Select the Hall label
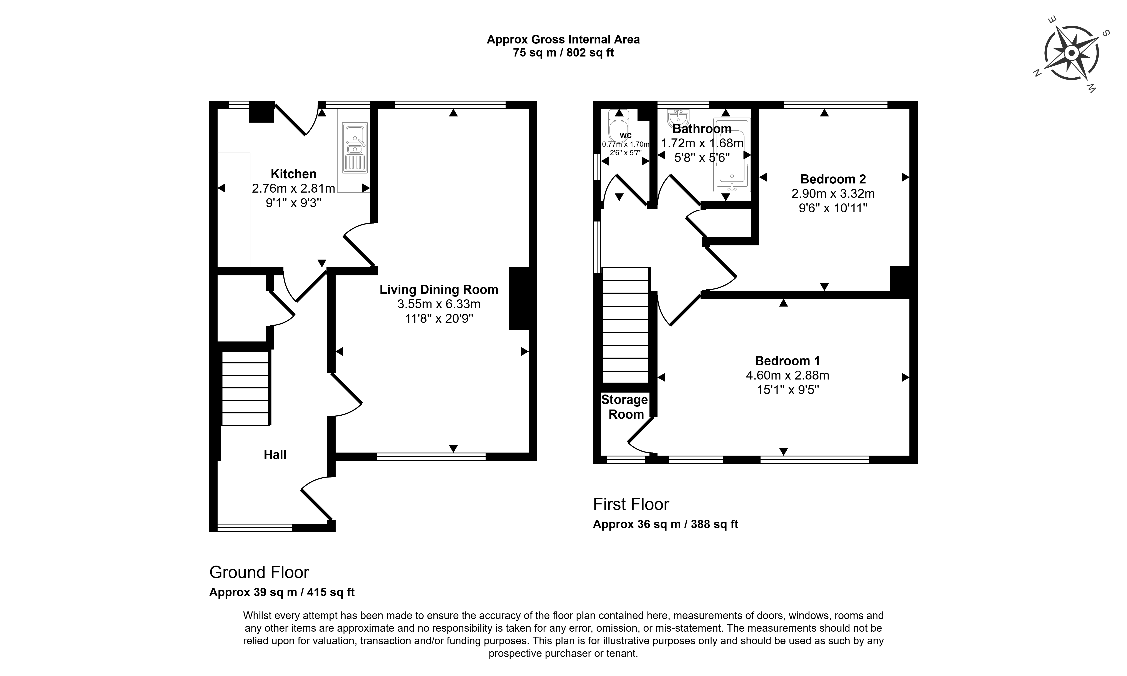pos(275,455)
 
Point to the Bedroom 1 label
pos(787,361)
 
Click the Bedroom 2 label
pos(833,179)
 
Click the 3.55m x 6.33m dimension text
pos(439,304)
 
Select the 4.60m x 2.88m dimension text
pos(787,375)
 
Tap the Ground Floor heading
pos(259,572)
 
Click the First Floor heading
pos(631,504)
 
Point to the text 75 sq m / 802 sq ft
pos(563,53)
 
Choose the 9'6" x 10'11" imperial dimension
pos(833,208)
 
